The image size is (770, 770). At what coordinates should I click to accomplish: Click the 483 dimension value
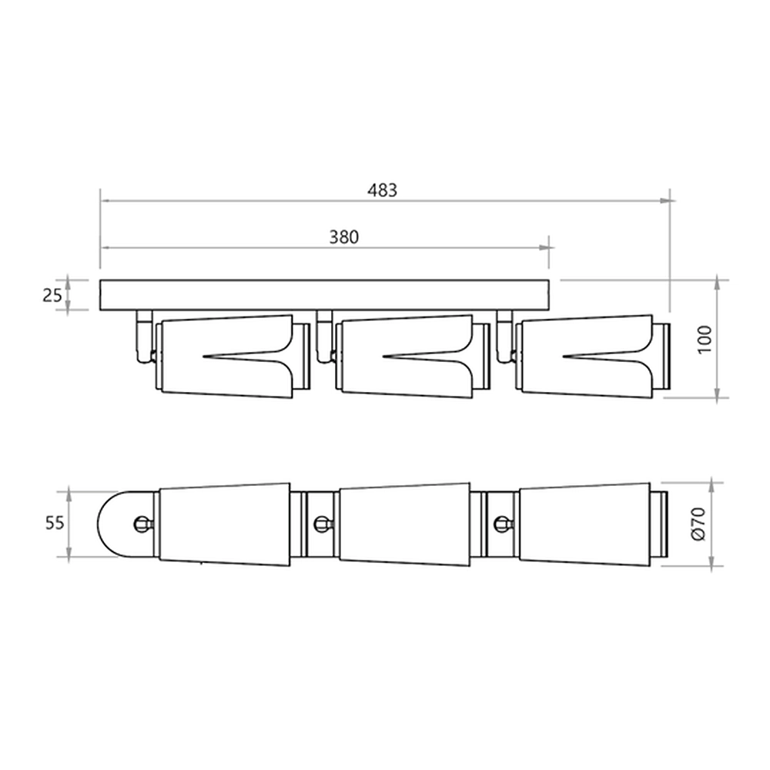tap(382, 190)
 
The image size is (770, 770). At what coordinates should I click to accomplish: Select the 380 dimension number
tap(343, 237)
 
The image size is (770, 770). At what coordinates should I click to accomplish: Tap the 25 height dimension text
tap(52, 295)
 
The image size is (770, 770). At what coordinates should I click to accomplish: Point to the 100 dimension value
tap(705, 339)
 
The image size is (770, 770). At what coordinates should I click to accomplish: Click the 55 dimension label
tap(55, 523)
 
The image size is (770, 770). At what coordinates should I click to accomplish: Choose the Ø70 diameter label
tap(698, 524)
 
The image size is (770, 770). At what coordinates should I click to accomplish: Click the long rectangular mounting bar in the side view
tap(324, 295)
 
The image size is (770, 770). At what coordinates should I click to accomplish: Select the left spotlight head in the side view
tap(232, 356)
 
